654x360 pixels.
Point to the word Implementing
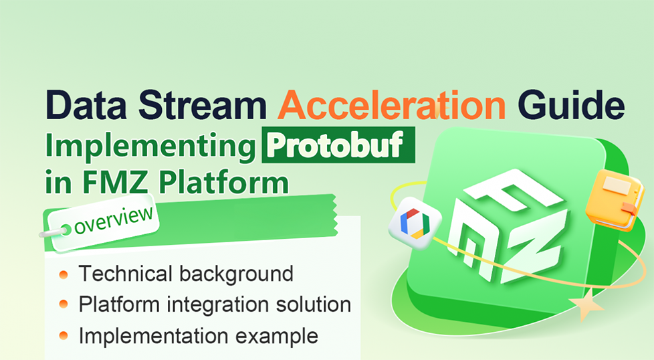[x=150, y=147]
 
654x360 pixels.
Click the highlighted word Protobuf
[x=336, y=145]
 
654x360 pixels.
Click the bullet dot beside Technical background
[x=64, y=274]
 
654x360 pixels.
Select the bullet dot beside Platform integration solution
[x=64, y=304]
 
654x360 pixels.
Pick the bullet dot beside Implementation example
[x=64, y=335]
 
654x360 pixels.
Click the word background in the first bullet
[x=237, y=275]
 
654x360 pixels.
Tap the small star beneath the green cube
[x=586, y=306]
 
